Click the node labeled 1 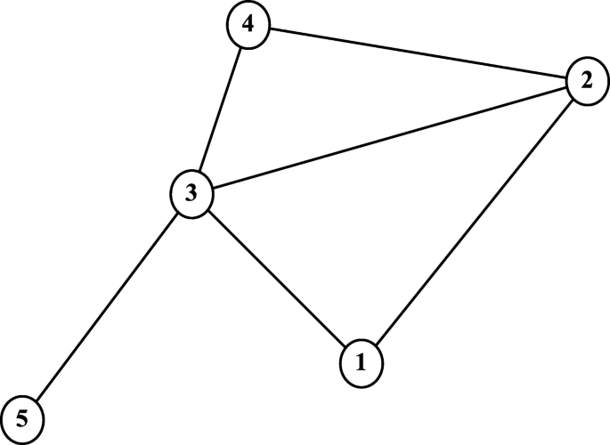(361, 362)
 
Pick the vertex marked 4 (248, 25)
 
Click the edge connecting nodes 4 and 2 (417, 53)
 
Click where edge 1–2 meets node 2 (572, 100)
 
